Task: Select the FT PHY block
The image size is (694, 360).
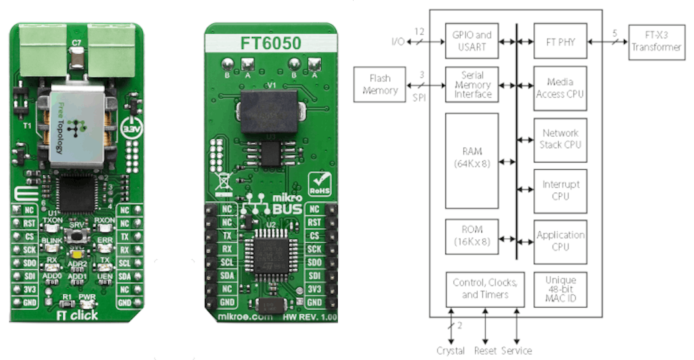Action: click(560, 42)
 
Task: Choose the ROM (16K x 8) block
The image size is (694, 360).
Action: click(472, 235)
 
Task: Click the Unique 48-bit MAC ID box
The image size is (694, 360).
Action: click(560, 289)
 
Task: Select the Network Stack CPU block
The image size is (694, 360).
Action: click(560, 139)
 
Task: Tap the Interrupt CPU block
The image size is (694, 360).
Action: click(560, 190)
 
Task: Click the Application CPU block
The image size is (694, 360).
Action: click(560, 241)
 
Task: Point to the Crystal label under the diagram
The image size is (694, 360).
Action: click(451, 351)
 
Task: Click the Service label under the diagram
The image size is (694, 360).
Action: click(516, 351)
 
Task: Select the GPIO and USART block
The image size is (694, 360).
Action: click(472, 42)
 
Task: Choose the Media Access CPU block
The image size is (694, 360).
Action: click(560, 88)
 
